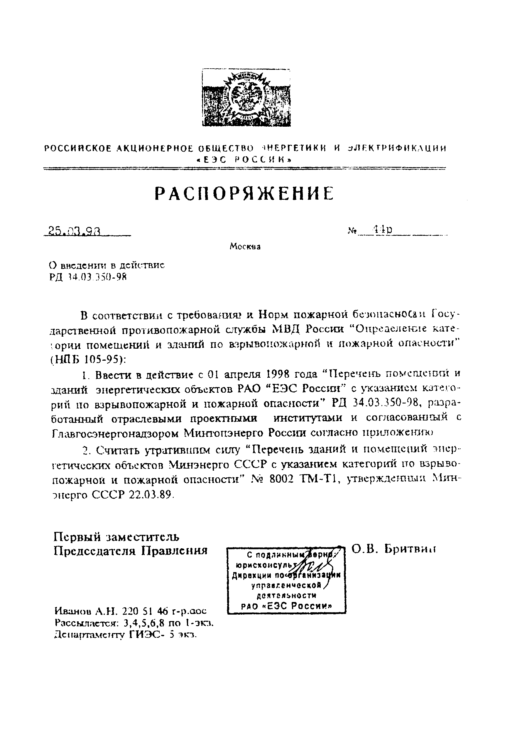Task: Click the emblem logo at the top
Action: tap(246, 97)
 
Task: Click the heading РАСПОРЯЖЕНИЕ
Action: tap(244, 194)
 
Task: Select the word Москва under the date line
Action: tap(245, 247)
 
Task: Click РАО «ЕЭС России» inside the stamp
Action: tap(287, 606)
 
